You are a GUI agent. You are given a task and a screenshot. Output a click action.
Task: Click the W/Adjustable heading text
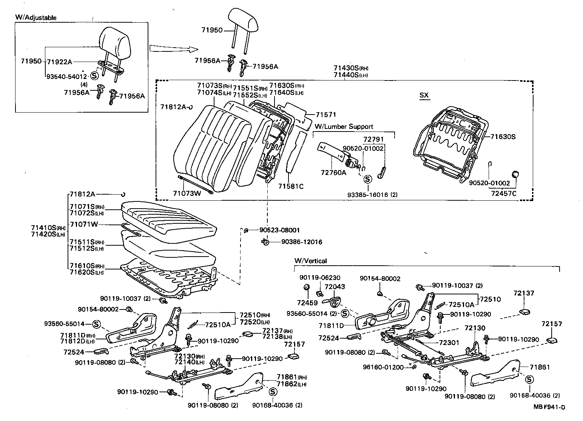click(36, 17)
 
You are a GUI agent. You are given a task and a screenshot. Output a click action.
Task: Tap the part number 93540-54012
click(66, 76)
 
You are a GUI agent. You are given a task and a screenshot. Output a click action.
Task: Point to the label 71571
click(325, 115)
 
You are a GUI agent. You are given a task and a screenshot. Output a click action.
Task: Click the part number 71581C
click(291, 186)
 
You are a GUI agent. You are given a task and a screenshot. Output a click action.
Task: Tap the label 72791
click(373, 140)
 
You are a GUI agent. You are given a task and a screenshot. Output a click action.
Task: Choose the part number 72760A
click(333, 173)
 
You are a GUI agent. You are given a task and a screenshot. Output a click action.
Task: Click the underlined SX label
click(424, 95)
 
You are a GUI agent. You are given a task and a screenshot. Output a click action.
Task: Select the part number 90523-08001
click(279, 230)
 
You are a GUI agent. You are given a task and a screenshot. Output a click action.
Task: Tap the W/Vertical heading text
click(310, 261)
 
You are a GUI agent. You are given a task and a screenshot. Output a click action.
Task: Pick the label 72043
click(335, 287)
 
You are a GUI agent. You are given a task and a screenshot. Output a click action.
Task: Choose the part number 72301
click(449, 343)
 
